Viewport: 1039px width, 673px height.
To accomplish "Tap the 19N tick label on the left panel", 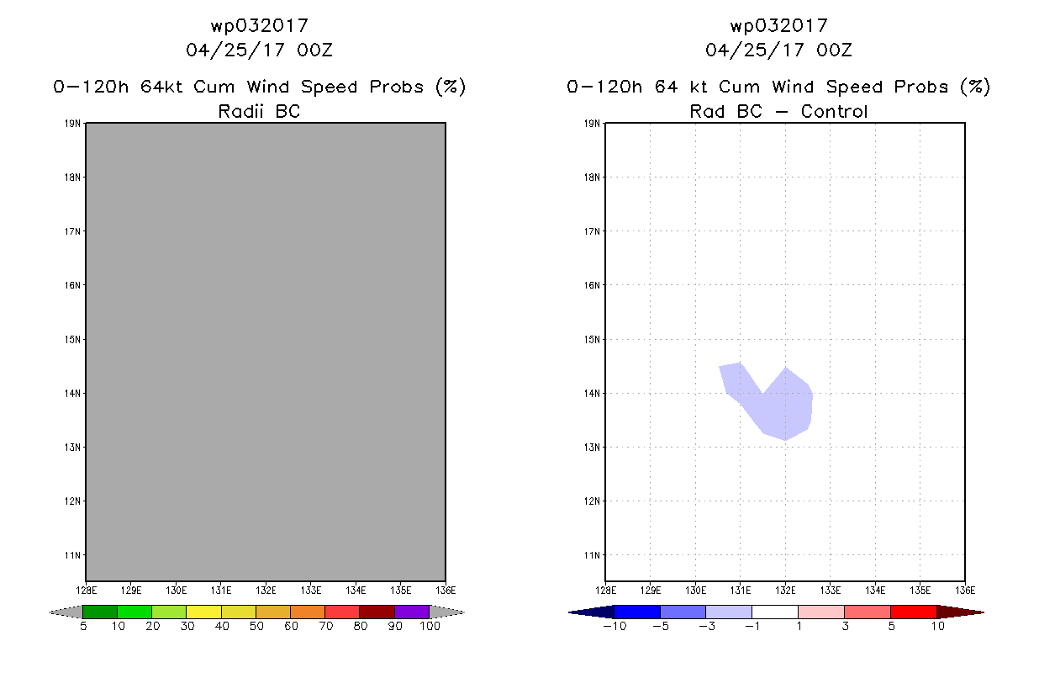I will coord(73,124).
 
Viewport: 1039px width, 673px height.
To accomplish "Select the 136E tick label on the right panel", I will coord(965,591).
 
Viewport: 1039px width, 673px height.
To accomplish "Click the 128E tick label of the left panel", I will coord(86,591).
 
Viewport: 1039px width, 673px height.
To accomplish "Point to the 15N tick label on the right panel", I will coord(593,340).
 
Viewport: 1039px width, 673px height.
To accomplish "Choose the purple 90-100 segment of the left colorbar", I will coord(412,612).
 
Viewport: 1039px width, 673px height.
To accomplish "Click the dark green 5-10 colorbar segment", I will coord(100,612).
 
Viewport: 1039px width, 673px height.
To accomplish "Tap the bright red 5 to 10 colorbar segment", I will coord(913,612).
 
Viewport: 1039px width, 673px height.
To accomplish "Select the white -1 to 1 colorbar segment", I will coord(774,612).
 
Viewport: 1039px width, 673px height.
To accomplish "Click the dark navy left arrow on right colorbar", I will coord(591,612).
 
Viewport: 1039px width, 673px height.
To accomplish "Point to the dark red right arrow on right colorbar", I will coord(960,612).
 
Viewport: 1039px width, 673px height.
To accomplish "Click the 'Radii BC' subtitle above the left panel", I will coord(259,111).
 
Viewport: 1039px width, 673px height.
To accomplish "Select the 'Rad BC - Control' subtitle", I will coord(778,111).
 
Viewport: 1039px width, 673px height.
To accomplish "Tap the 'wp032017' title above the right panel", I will coord(778,25).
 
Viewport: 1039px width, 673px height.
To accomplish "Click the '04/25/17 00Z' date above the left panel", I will coord(259,50).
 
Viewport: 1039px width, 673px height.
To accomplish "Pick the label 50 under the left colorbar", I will coord(256,627).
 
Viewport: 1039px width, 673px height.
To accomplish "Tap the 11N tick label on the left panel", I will coord(73,555).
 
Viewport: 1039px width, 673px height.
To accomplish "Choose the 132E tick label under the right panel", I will coord(785,591).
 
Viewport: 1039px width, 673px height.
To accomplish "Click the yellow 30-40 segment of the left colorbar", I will coord(203,612).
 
